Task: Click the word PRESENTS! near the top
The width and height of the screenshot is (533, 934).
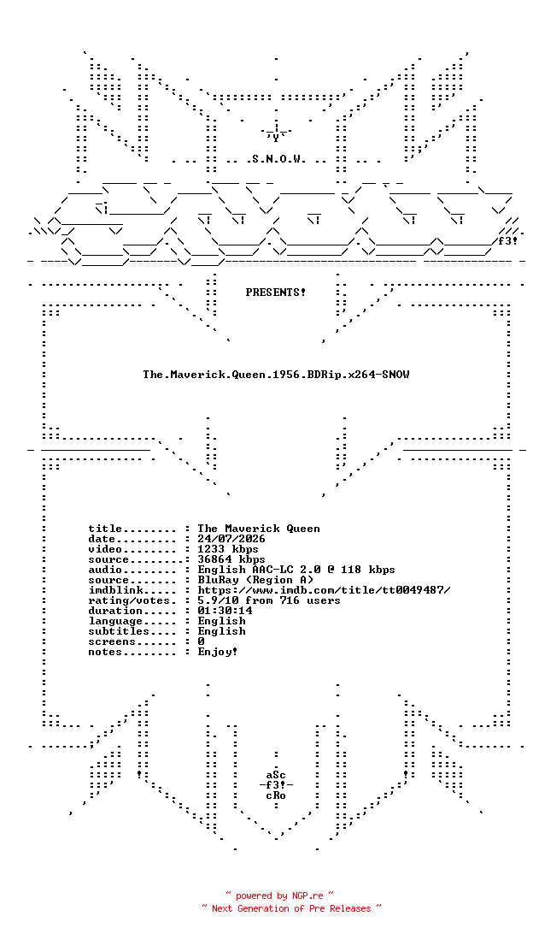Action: [275, 293]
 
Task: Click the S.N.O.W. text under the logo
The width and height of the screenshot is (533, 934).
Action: [275, 159]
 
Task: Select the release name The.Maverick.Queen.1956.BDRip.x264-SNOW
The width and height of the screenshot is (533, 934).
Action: [276, 375]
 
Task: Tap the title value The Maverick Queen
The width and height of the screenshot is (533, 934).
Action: [259, 529]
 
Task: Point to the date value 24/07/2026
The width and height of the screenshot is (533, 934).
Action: [231, 539]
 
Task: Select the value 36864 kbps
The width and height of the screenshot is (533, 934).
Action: [231, 559]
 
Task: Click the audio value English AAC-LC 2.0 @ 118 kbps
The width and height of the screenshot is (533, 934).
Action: [296, 570]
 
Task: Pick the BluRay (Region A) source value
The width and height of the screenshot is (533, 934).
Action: [255, 580]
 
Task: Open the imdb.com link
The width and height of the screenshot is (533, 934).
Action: [325, 590]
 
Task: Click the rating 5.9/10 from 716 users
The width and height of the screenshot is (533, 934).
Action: [269, 600]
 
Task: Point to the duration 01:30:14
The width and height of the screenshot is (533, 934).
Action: [225, 611]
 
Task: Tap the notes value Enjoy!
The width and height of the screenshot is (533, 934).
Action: [218, 652]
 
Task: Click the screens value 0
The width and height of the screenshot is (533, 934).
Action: [201, 641]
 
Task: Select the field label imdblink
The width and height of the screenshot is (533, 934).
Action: [112, 590]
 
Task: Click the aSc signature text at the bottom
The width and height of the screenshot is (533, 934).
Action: [276, 775]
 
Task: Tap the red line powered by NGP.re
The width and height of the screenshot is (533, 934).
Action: [279, 896]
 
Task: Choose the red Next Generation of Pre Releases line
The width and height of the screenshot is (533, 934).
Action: [291, 908]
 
